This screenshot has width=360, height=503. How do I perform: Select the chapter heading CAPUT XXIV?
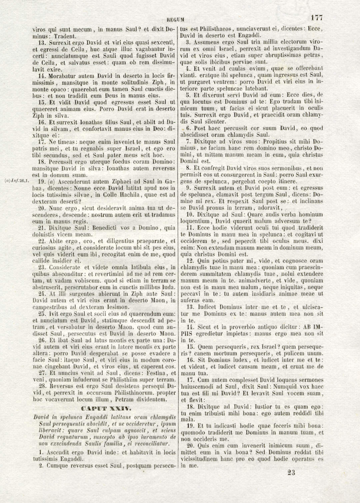pyautogui.click(x=106, y=408)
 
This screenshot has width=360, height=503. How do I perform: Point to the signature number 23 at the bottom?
pyautogui.click(x=291, y=472)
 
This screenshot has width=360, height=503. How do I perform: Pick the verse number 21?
pyautogui.click(x=42, y=228)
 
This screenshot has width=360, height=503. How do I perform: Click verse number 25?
pyautogui.click(x=42, y=314)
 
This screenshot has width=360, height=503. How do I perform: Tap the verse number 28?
pyautogui.click(x=42, y=386)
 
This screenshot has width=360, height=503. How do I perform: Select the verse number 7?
pyautogui.click(x=188, y=142)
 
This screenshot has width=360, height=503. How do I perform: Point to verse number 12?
pyautogui.click(x=190, y=261)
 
